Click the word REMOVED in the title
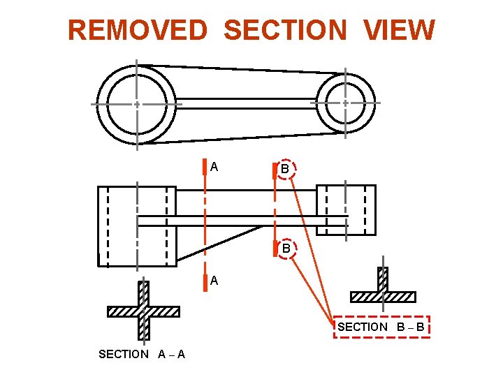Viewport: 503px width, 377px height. [138, 31]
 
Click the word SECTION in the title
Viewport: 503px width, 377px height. [284, 31]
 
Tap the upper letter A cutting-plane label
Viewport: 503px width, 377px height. [214, 167]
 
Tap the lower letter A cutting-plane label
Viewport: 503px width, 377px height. [214, 281]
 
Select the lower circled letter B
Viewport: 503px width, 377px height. [286, 248]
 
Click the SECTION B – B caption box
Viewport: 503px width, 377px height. [381, 327]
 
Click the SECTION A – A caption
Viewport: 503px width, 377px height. [142, 354]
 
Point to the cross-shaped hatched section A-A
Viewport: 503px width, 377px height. [143, 311]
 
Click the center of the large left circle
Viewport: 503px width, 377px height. [137, 104]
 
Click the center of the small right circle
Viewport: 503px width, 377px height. [346, 103]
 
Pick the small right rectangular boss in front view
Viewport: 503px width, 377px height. [346, 209]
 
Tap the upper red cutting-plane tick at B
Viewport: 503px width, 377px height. [275, 173]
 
